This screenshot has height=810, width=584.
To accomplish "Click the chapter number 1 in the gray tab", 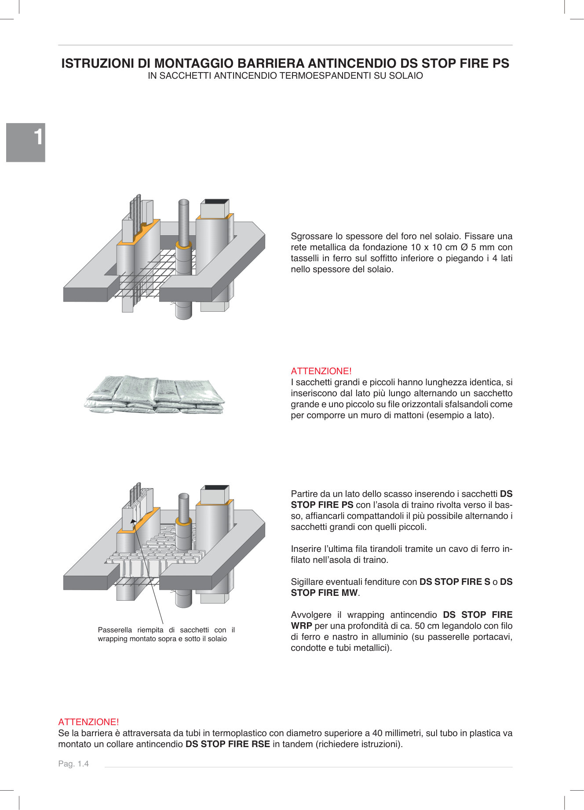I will pyautogui.click(x=39, y=137).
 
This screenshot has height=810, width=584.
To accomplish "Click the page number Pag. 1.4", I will pyautogui.click(x=73, y=764).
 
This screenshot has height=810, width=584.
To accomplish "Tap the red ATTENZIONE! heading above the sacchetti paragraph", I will pyautogui.click(x=321, y=371).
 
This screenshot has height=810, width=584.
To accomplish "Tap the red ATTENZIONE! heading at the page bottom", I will pyautogui.click(x=88, y=722).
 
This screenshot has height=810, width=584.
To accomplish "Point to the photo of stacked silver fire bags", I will pyautogui.click(x=154, y=394).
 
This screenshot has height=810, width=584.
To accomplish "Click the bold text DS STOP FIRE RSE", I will pyautogui.click(x=227, y=744).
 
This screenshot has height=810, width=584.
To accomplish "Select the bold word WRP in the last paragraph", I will pyautogui.click(x=301, y=626).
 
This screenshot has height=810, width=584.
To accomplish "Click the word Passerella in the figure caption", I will pyautogui.click(x=114, y=630).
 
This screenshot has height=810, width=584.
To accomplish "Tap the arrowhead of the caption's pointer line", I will pyautogui.click(x=133, y=521).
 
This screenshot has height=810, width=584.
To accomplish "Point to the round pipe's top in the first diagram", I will pyautogui.click(x=183, y=202).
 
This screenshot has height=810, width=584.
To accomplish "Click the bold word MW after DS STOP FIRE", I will pyautogui.click(x=350, y=593).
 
